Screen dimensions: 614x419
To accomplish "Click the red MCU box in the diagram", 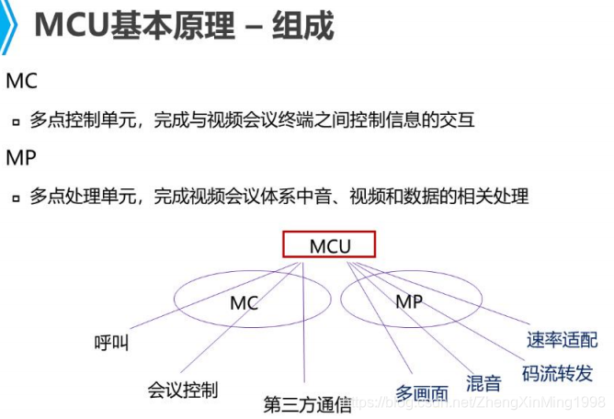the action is pyautogui.click(x=329, y=245).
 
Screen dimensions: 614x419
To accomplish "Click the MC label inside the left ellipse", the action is pyautogui.click(x=244, y=302).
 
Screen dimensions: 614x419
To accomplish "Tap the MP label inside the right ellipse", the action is pyautogui.click(x=409, y=301).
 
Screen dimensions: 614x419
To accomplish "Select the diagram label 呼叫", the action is pyautogui.click(x=112, y=344).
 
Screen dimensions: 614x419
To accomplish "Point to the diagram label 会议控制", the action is pyautogui.click(x=183, y=390).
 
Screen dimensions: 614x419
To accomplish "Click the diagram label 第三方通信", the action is pyautogui.click(x=307, y=403).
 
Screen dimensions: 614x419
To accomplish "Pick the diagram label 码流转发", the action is pyautogui.click(x=557, y=373).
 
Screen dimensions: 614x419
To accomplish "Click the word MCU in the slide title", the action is pyautogui.click(x=72, y=26).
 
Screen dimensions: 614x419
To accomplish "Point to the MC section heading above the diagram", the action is pyautogui.click(x=21, y=81).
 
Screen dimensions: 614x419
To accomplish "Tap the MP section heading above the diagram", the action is pyautogui.click(x=21, y=158).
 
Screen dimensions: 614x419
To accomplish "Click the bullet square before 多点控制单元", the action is pyautogui.click(x=16, y=121).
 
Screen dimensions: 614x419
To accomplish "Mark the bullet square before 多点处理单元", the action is pyautogui.click(x=16, y=198).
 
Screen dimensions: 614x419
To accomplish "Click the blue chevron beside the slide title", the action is pyautogui.click(x=10, y=26).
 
